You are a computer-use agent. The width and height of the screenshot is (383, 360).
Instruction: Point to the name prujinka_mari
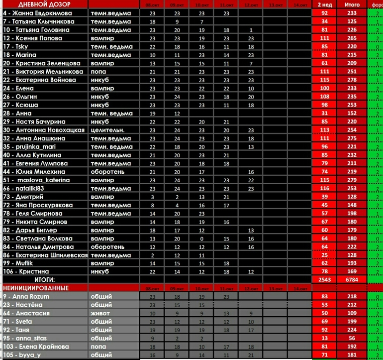pyautogui.click(x=37, y=147)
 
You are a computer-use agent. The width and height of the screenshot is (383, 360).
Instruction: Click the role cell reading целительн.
pyautogui.click(x=106, y=130)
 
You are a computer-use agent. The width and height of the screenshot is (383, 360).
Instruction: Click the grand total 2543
pyautogui.click(x=324, y=280)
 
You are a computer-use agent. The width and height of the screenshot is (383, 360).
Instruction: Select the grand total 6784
pyautogui.click(x=352, y=280)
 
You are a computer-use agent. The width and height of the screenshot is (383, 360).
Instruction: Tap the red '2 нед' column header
pyautogui.click(x=324, y=4)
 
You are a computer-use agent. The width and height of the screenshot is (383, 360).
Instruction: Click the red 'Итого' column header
pyautogui.click(x=352, y=4)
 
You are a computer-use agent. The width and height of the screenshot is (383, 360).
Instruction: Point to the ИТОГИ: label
pyautogui.click(x=55, y=280)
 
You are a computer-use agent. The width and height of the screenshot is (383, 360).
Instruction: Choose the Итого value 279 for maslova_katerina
pyautogui.click(x=352, y=180)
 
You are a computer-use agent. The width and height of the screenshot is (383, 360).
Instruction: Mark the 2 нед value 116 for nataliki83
pyautogui.click(x=324, y=188)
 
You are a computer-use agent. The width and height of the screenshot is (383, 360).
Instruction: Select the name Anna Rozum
pyautogui.click(x=27, y=297)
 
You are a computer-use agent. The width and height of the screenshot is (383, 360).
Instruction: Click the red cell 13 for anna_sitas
pyautogui.click(x=324, y=338)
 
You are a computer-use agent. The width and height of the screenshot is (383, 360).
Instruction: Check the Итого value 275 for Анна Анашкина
pyautogui.click(x=352, y=138)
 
